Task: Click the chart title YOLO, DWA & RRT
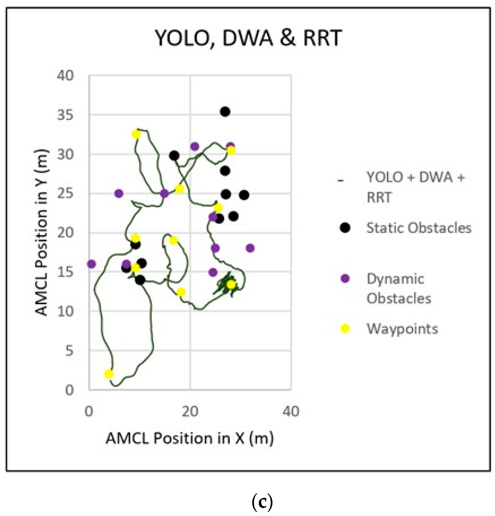point(248,38)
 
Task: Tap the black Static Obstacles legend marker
point(345,227)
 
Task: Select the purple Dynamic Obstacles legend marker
point(345,278)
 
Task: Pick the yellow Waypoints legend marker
point(345,328)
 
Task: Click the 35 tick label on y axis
point(65,115)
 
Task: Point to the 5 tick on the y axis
point(69,351)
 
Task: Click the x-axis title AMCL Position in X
point(189,439)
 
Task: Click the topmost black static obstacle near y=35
point(225,112)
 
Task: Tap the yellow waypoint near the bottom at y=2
point(109,374)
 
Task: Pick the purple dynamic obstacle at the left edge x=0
point(91,264)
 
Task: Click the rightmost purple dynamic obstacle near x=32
point(250,248)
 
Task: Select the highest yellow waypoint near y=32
point(136,134)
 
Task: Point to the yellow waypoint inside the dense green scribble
point(231,285)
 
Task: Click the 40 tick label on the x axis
point(291,411)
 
